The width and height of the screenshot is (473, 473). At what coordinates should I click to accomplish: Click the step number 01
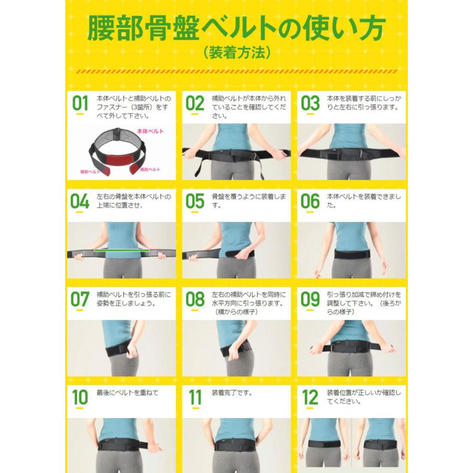tap(80, 103)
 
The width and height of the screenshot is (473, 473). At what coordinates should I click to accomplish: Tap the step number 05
tap(195, 201)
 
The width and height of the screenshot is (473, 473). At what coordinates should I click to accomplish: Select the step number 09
tap(310, 299)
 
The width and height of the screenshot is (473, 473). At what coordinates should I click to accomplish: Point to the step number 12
tap(310, 397)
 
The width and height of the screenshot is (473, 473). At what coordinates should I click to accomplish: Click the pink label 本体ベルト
tap(150, 131)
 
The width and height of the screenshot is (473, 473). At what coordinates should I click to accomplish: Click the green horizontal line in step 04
tap(121, 250)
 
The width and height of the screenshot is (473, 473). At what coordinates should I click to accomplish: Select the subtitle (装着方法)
tap(236, 52)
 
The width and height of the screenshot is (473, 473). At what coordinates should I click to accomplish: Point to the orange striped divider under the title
tap(236, 71)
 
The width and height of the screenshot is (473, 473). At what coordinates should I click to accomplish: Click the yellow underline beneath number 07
tap(80, 310)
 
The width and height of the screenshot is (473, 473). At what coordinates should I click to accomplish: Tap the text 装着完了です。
tap(232, 393)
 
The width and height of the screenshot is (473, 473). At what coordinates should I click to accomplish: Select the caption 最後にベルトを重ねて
tap(127, 393)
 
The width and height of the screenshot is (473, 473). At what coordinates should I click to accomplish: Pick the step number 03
tap(310, 103)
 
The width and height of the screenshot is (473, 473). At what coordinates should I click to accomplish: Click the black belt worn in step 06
tap(352, 254)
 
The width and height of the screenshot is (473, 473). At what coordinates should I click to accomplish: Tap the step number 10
tap(80, 397)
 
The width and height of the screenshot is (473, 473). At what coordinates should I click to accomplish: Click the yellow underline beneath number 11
tap(195, 408)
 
